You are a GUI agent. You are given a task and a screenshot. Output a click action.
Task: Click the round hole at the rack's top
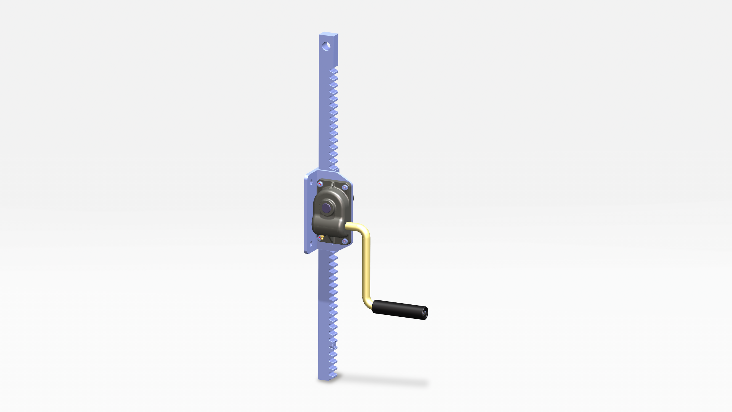326,46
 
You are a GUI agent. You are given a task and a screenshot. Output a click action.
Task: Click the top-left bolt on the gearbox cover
320,184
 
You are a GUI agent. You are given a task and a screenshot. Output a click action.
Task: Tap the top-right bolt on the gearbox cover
345,187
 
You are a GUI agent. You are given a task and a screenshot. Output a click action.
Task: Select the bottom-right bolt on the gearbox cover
345,241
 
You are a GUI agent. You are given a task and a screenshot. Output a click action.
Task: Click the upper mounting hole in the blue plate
311,182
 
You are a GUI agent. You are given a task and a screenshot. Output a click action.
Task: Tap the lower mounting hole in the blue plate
311,243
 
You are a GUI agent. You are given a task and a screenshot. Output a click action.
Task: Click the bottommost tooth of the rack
333,375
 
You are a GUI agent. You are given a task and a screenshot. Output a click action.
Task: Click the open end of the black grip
425,313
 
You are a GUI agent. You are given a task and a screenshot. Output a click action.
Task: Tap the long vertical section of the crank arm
366,266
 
